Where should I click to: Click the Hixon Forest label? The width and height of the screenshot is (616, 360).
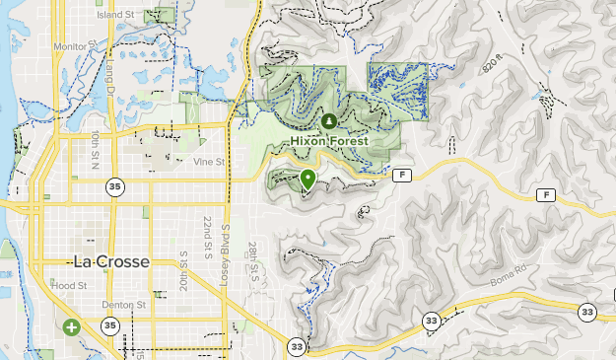[x=329, y=141]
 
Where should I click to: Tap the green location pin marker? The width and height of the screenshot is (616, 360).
[x=308, y=180]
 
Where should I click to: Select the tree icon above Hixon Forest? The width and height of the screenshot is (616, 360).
[x=329, y=121]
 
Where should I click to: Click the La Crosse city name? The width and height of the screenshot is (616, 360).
[x=111, y=261]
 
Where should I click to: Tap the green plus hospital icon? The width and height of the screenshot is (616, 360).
[x=71, y=326]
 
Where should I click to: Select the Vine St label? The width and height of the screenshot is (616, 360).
[x=210, y=161]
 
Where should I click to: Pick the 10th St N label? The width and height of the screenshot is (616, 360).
[x=96, y=148]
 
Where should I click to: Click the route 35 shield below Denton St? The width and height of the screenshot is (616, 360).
[x=110, y=326]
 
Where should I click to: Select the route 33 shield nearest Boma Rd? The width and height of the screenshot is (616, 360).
[x=431, y=321]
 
